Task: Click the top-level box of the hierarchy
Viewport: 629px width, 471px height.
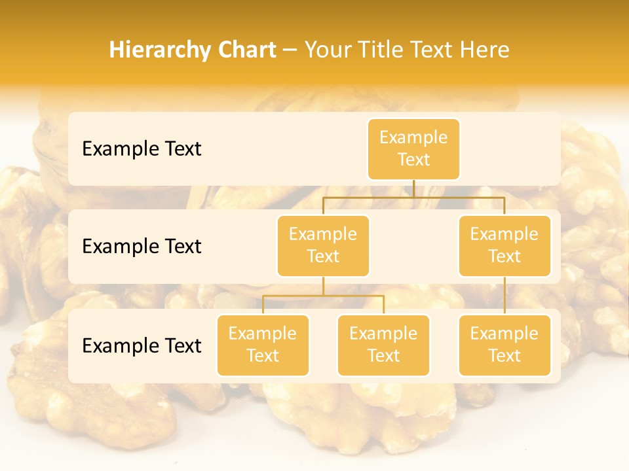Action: pyautogui.click(x=413, y=148)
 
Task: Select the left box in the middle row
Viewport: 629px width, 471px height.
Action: pyautogui.click(x=323, y=245)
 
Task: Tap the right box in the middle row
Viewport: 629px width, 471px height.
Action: pyautogui.click(x=505, y=245)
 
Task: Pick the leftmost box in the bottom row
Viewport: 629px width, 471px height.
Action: pyautogui.click(x=263, y=345)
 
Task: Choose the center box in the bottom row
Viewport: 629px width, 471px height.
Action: pyautogui.click(x=383, y=345)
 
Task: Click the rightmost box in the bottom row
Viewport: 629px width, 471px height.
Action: pyautogui.click(x=505, y=345)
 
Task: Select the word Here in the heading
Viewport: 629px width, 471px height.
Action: pyautogui.click(x=486, y=50)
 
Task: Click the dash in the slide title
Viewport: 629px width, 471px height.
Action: pyautogui.click(x=290, y=50)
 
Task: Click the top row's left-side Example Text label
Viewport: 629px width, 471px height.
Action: pyautogui.click(x=142, y=148)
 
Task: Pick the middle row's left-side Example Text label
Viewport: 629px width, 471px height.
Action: pyautogui.click(x=142, y=246)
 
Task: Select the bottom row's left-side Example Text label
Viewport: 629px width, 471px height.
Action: pyautogui.click(x=142, y=345)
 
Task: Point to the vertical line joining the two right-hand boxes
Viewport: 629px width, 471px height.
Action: pyautogui.click(x=505, y=296)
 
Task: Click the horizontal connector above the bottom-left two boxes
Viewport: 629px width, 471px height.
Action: pyautogui.click(x=323, y=296)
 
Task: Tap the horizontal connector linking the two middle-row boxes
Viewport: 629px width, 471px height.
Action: pyautogui.click(x=413, y=196)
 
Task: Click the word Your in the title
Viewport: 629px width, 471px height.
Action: pyautogui.click(x=327, y=50)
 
